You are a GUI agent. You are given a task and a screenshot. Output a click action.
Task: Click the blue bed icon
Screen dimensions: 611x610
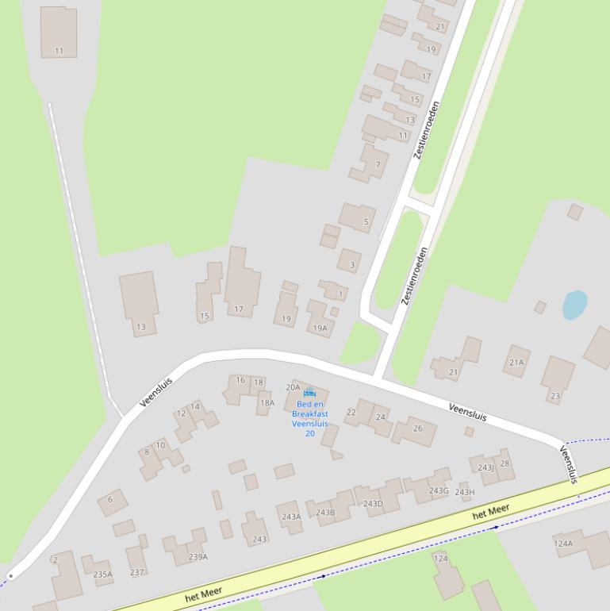click(309, 392)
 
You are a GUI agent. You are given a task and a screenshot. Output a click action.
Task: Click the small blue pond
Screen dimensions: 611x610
click(575, 305)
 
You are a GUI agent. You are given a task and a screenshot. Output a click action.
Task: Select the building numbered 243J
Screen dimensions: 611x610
click(485, 467)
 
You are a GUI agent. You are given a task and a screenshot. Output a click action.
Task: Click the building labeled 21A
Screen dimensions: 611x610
click(516, 362)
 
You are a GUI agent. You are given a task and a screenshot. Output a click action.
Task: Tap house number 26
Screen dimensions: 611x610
click(417, 428)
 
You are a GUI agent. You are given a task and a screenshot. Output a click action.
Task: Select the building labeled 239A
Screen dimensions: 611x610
click(197, 556)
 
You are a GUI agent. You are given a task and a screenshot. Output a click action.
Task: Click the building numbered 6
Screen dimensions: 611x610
click(111, 500)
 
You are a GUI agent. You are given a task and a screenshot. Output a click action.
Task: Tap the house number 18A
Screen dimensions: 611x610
click(267, 402)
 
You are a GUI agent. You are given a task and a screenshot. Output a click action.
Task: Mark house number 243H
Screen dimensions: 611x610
click(465, 492)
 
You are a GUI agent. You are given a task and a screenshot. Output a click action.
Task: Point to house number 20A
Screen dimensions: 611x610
click(293, 387)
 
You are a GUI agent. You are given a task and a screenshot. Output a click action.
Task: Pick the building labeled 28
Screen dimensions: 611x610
click(504, 463)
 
